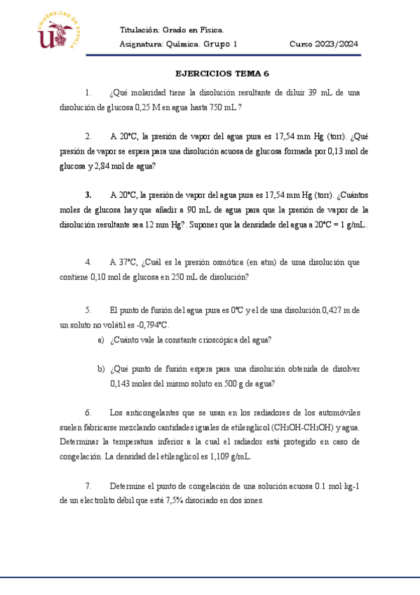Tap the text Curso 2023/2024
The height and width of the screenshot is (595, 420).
[x=323, y=44]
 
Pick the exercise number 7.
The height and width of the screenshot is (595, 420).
[x=88, y=486]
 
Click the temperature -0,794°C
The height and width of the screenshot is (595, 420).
[x=149, y=325]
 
